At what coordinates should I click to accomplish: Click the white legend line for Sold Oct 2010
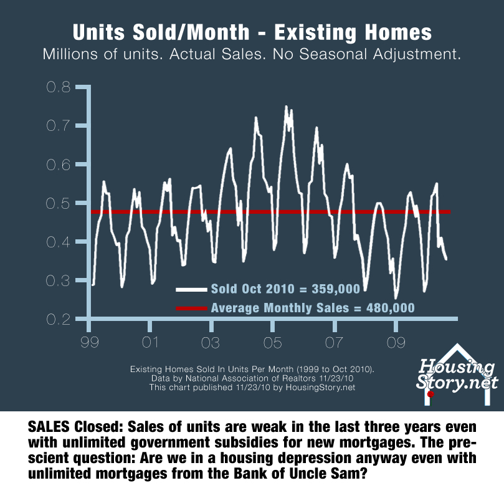(191, 289)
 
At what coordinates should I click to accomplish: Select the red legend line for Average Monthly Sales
(191, 308)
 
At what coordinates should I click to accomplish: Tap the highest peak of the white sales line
(286, 107)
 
